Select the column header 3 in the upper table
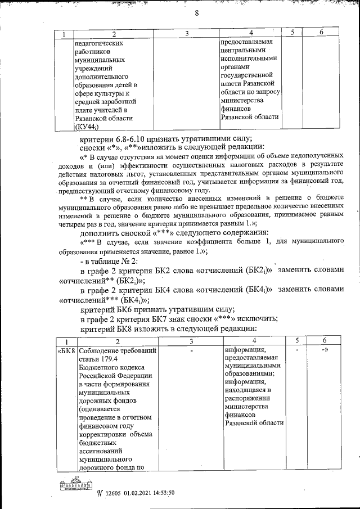click(186, 35)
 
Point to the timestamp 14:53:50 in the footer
click(160, 493)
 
